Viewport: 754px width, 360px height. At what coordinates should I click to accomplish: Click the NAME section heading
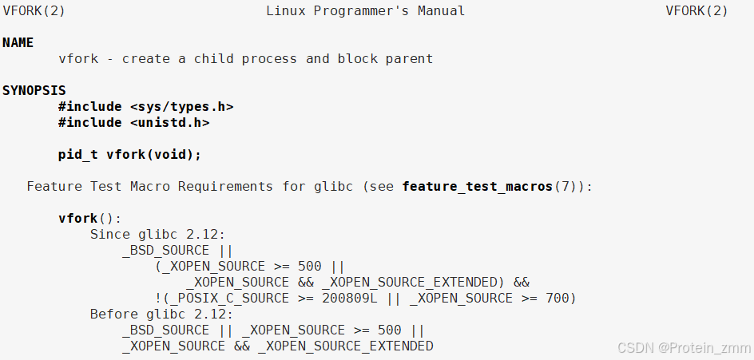[18, 43]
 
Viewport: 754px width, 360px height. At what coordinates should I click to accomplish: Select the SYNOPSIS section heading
[34, 91]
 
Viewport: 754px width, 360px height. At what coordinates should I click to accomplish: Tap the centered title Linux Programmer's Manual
[365, 11]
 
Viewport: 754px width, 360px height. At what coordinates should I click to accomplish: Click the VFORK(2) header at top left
[34, 11]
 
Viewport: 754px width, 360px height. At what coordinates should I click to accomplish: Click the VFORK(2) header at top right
[696, 11]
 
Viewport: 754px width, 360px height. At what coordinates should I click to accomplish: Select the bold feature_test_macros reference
[477, 187]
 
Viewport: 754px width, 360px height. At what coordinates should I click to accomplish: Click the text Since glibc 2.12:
[158, 235]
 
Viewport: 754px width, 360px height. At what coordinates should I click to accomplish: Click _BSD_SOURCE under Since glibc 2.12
[165, 251]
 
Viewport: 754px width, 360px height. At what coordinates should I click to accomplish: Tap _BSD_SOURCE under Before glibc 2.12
[165, 330]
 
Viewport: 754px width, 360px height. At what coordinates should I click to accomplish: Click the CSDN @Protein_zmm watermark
[682, 348]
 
